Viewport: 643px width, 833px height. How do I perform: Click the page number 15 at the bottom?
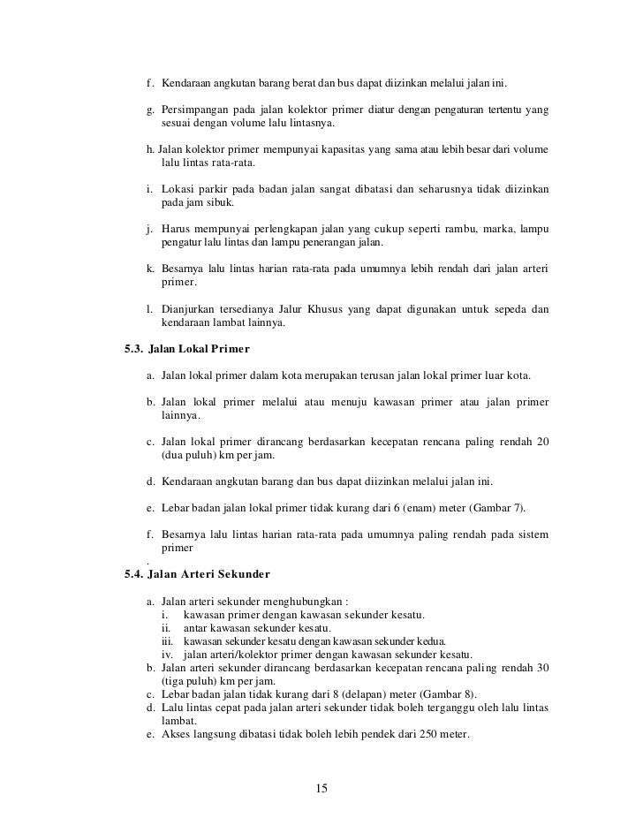tap(321, 788)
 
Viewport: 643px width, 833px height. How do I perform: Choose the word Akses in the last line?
tap(178, 735)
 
